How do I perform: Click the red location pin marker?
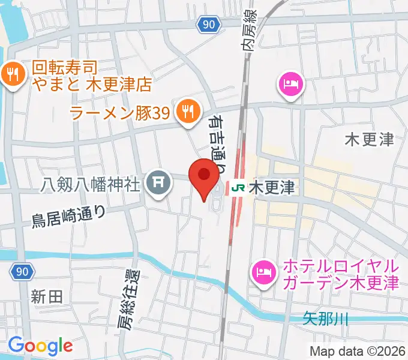pos(203,176)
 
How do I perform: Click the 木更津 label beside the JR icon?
pos(271,188)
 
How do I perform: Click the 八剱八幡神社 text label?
pos(92,184)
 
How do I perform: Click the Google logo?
pos(40,345)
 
